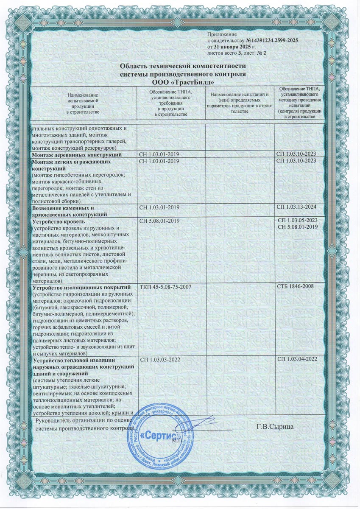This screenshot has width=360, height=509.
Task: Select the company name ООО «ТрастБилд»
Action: pyautogui.click(x=183, y=81)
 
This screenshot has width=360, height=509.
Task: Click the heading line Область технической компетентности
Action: pyautogui.click(x=183, y=67)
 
